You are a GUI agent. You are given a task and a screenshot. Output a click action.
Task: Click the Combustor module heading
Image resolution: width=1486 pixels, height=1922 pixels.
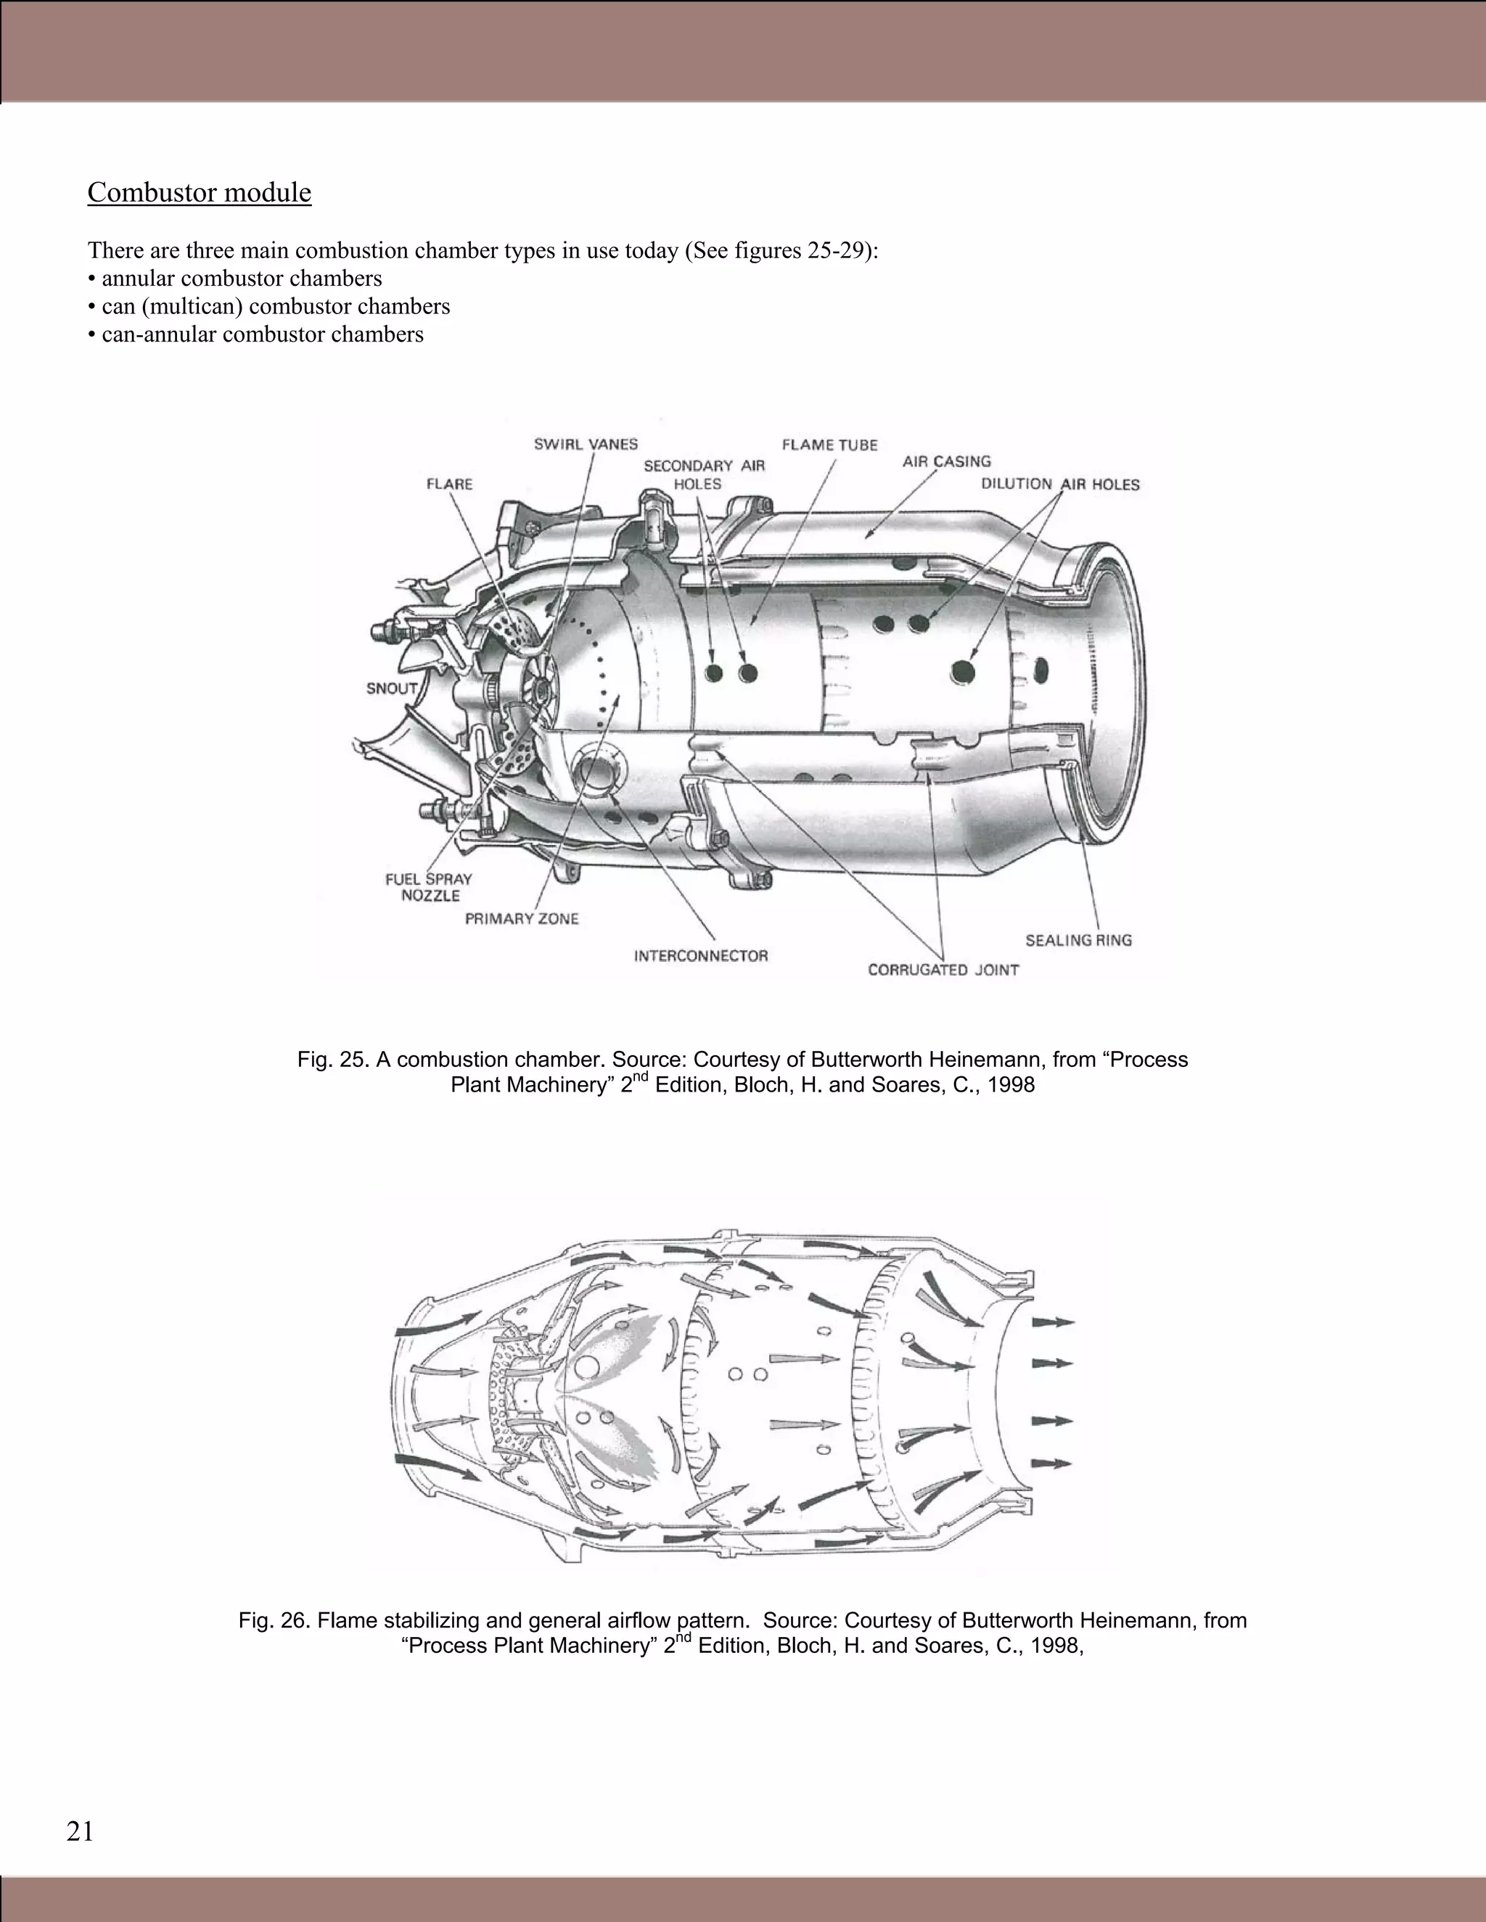coord(199,192)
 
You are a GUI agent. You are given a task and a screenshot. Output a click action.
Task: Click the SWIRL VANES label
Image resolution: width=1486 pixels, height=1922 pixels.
coord(586,445)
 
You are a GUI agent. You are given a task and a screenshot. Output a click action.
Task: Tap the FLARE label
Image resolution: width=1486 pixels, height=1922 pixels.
coord(449,484)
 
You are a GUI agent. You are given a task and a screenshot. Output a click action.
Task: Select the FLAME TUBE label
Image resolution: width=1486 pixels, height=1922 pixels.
coord(829,445)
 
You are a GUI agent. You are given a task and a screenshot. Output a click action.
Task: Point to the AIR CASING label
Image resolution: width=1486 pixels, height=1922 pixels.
coord(946,461)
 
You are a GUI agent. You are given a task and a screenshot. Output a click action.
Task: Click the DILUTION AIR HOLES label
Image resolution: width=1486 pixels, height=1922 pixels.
coord(1060,484)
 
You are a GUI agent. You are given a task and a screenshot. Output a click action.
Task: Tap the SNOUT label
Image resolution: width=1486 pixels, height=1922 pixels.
coord(392,688)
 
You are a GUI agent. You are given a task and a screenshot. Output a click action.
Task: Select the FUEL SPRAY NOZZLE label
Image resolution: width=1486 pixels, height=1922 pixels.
coord(429,887)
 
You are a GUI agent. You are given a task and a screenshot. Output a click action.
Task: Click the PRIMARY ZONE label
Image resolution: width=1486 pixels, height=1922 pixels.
coord(521,919)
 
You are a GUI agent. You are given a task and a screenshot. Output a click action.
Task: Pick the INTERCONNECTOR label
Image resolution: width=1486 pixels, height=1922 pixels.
coord(701,956)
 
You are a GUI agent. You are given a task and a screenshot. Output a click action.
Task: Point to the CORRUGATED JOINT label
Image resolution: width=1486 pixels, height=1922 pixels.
coord(943,970)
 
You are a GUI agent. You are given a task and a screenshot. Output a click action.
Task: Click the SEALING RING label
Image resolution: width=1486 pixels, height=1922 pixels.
coord(1078,941)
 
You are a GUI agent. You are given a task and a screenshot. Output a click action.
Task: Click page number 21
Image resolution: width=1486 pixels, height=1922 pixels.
coord(79,1831)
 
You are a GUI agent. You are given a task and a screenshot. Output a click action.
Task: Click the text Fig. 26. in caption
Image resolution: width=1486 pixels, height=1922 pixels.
coord(274,1620)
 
